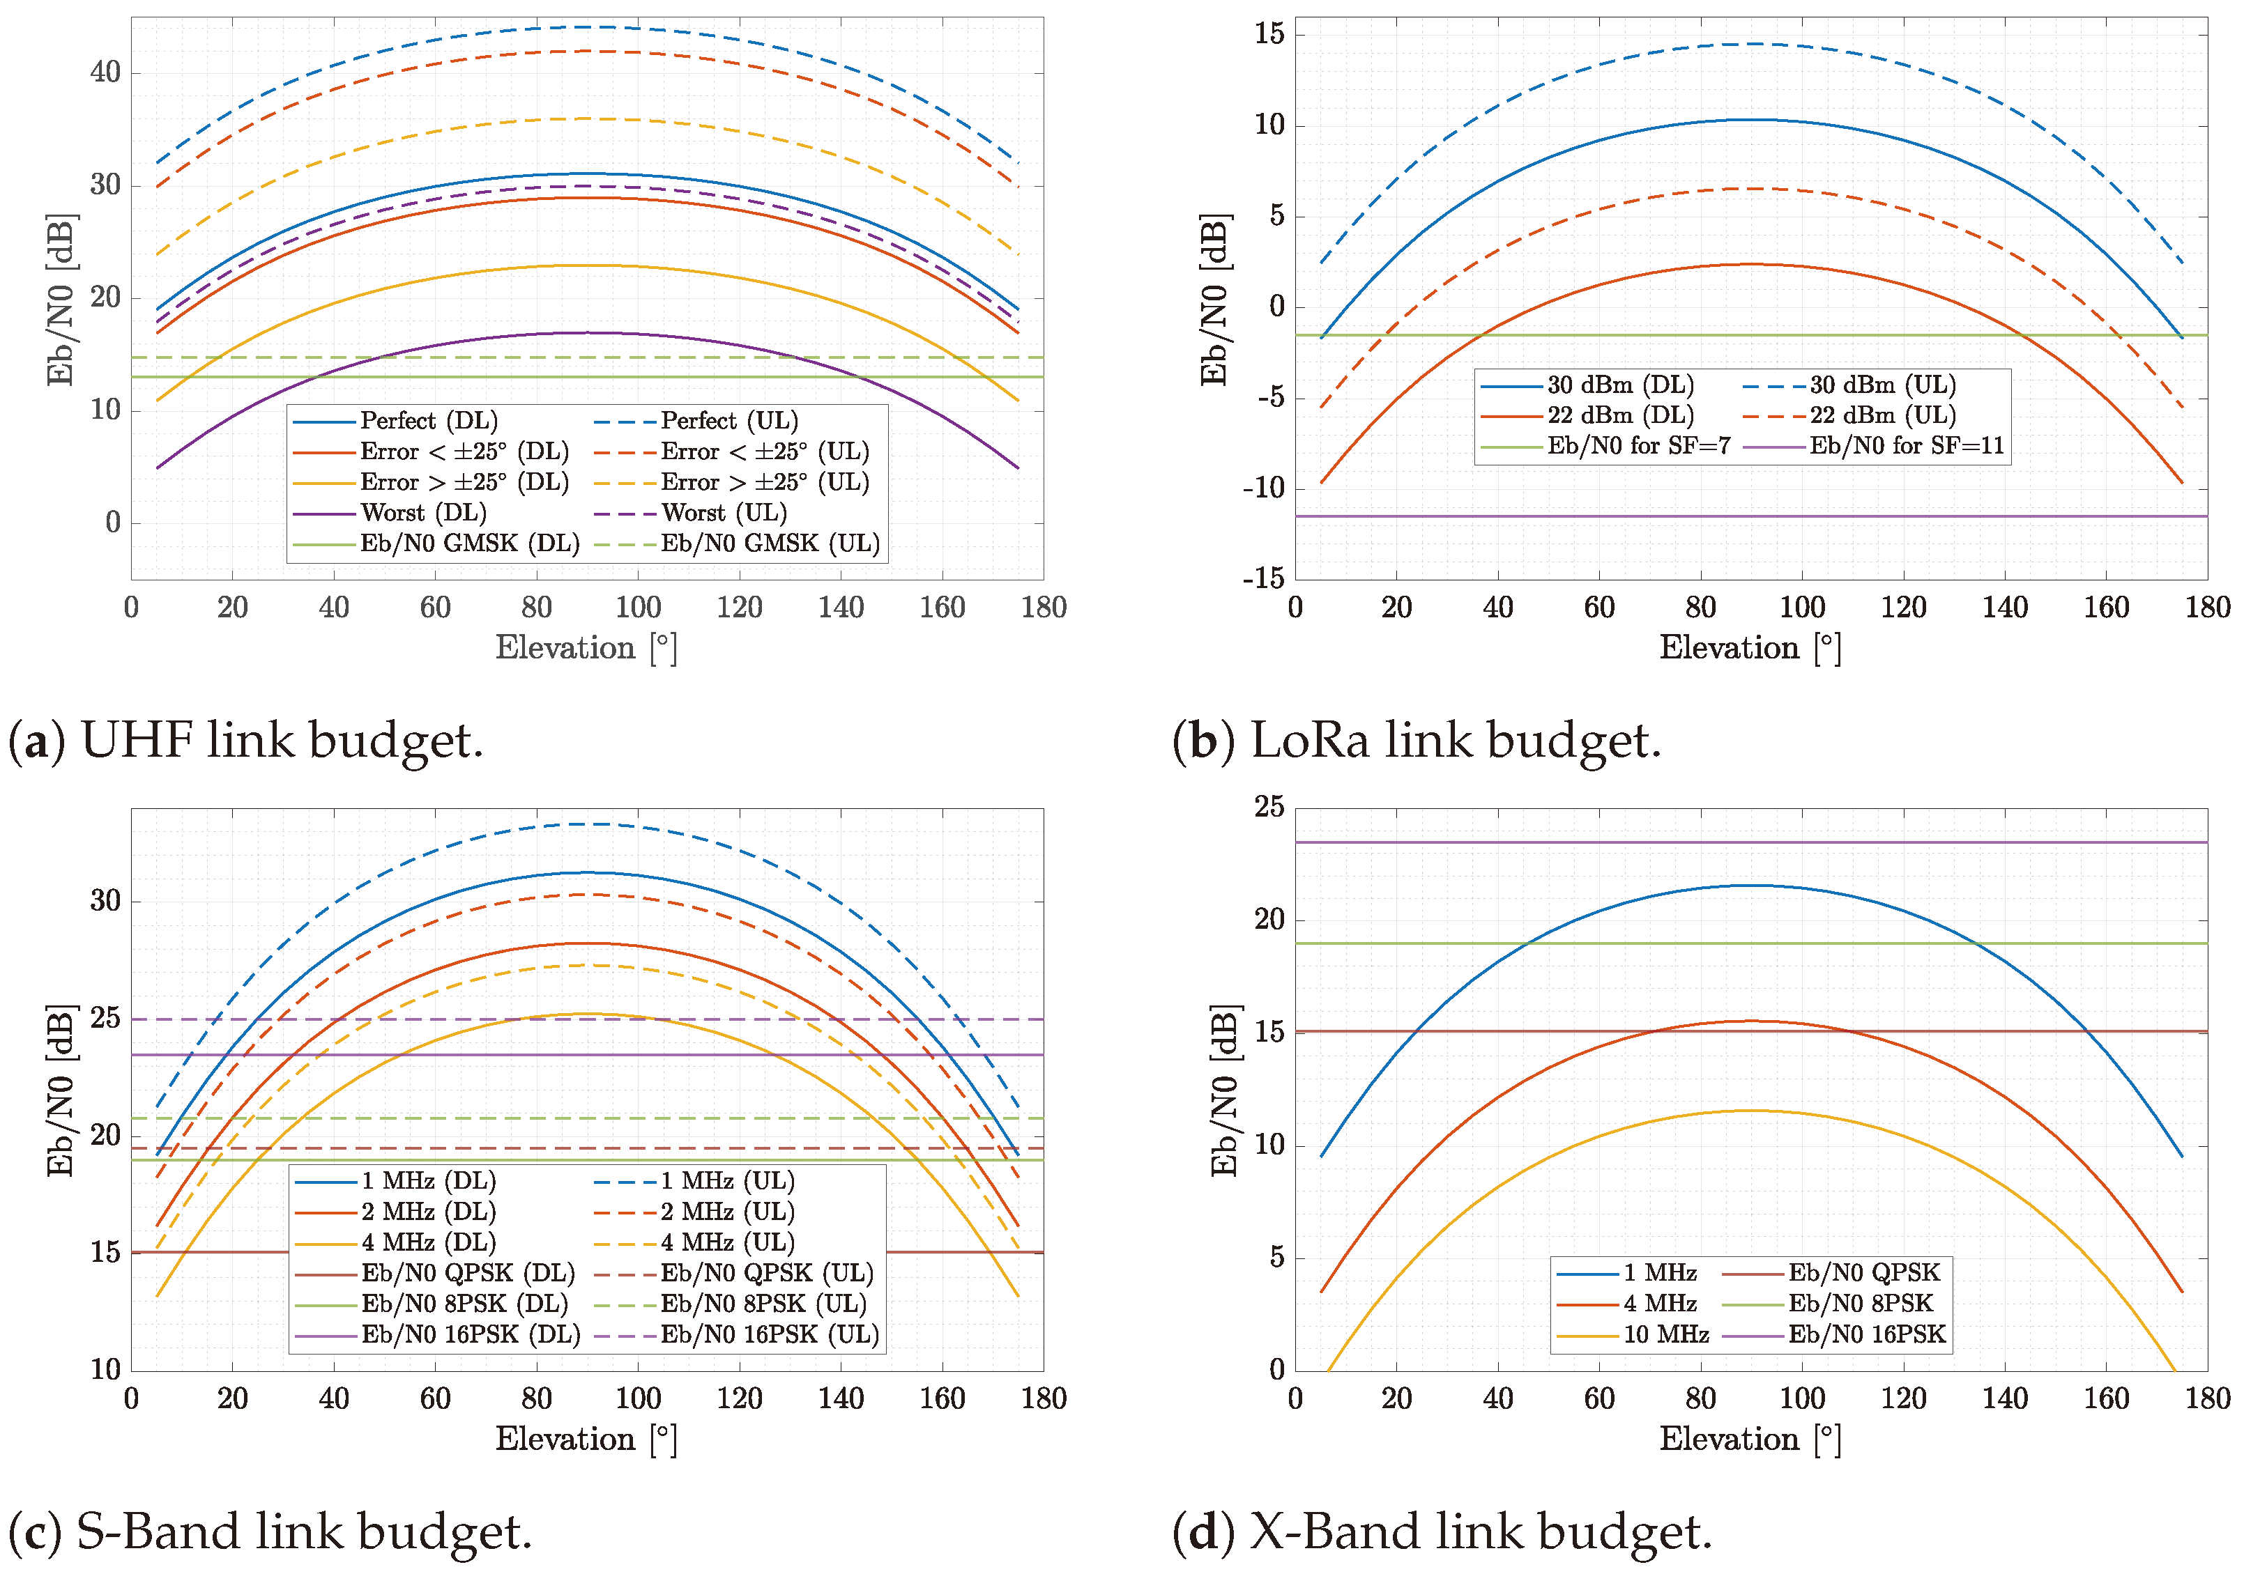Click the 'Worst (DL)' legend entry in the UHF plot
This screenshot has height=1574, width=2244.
coord(422,513)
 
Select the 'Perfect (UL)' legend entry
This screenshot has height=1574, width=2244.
coord(728,421)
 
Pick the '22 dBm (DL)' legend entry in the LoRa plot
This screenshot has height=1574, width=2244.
coord(1619,415)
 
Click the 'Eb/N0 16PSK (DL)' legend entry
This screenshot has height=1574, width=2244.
coord(469,1334)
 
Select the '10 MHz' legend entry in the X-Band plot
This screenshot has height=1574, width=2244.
coord(1665,1334)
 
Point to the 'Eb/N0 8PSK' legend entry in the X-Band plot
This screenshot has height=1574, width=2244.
coord(1860,1304)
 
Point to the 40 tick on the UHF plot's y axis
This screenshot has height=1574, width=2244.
coord(105,72)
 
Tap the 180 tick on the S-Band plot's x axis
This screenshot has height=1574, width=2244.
coord(1043,1398)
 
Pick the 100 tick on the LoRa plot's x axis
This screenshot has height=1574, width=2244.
coord(1801,608)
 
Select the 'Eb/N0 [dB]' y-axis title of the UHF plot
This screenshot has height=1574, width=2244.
coord(61,300)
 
